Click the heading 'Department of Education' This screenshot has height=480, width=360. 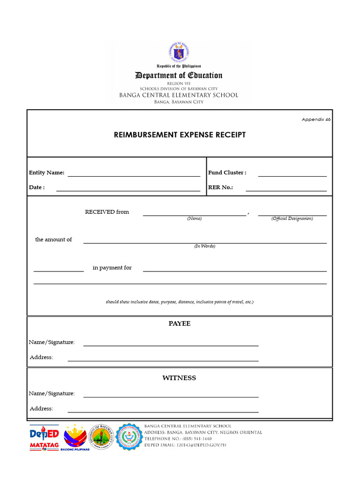[x=179, y=75]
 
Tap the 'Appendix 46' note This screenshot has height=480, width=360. [x=316, y=120]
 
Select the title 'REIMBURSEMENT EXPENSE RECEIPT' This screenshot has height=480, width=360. [x=180, y=135]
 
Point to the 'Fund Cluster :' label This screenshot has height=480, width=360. [x=227, y=172]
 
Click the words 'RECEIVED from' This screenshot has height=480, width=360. [x=107, y=212]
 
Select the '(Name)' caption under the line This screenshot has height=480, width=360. [x=194, y=219]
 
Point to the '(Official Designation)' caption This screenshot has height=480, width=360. [x=292, y=219]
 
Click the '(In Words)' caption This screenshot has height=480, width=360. [x=205, y=246]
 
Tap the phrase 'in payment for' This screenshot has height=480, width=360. [x=112, y=268]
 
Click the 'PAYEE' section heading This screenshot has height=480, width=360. [x=180, y=323]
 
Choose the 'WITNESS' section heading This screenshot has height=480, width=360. [x=179, y=378]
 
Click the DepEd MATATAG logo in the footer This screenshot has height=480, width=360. [x=44, y=437]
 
